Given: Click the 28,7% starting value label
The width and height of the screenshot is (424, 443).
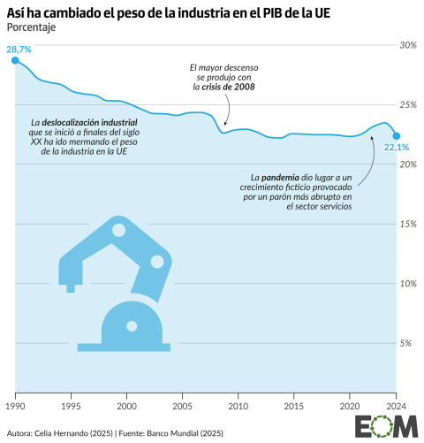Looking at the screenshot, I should pyautogui.click(x=19, y=50).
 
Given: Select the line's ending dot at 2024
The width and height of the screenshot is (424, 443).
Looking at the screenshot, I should pyautogui.click(x=397, y=135).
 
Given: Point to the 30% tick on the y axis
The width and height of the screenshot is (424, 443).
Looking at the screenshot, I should pyautogui.click(x=408, y=44).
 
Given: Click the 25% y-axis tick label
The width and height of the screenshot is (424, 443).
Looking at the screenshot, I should pyautogui.click(x=408, y=104).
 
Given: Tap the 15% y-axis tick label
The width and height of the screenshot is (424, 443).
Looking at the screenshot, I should pyautogui.click(x=408, y=224).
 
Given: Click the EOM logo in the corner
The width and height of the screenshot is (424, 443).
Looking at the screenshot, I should pyautogui.click(x=386, y=427).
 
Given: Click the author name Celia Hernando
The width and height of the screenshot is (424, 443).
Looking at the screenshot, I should pyautogui.click(x=67, y=432).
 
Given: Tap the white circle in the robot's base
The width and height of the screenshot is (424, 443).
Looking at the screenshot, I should pyautogui.click(x=132, y=326).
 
